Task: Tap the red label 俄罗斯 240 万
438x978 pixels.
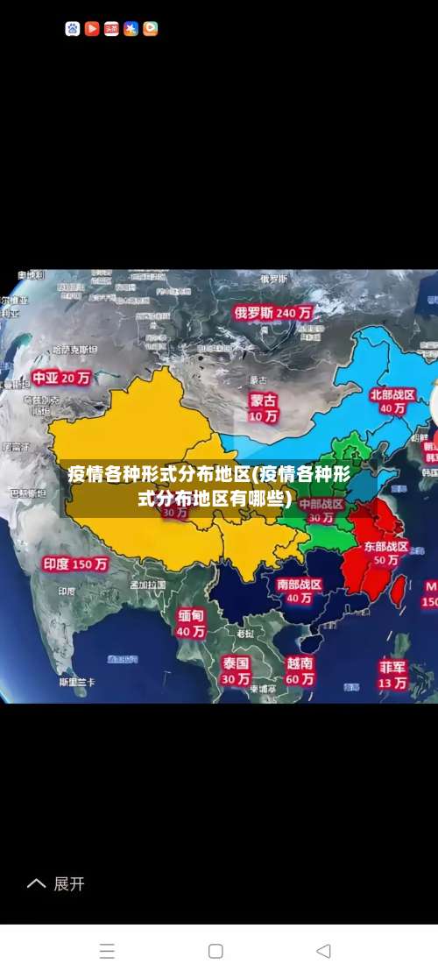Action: coord(272,312)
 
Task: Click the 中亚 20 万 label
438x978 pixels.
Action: coord(61,378)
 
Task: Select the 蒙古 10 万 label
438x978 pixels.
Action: coord(263,407)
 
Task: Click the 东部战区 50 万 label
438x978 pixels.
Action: coord(386,552)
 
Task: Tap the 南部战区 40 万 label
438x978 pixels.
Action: coord(300,591)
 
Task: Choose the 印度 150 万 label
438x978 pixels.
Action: coord(76,564)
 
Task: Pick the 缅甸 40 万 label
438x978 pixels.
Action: coord(191,622)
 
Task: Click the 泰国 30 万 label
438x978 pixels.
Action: coord(235,670)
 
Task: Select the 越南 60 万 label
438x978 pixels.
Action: coord(300,670)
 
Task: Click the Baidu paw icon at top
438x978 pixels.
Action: coord(73,29)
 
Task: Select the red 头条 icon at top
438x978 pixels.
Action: coord(111,29)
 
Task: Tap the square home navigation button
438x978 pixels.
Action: coord(215,951)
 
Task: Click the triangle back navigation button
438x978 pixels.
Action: coord(323,951)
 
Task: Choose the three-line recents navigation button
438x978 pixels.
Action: coord(107,951)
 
